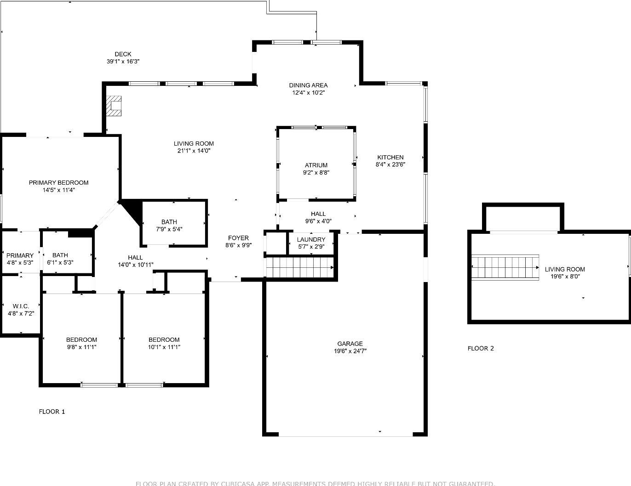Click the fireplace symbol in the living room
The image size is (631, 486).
pyautogui.click(x=114, y=106)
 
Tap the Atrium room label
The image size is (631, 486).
pyautogui.click(x=316, y=165)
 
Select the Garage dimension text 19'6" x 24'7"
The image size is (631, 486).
pyautogui.click(x=350, y=351)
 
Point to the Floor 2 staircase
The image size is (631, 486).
pyautogui.click(x=505, y=267)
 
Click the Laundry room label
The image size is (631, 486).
pyautogui.click(x=311, y=240)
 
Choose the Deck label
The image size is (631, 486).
pyautogui.click(x=123, y=54)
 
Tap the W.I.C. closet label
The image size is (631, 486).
pyautogui.click(x=21, y=306)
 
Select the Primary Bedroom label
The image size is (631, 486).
pyautogui.click(x=58, y=183)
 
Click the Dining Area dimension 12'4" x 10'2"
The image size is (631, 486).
pyautogui.click(x=308, y=93)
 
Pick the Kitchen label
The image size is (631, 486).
pyautogui.click(x=390, y=157)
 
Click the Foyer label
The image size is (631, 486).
pyautogui.click(x=238, y=238)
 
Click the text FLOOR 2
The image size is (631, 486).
pyautogui.click(x=480, y=348)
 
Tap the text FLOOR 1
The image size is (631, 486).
pyautogui.click(x=52, y=412)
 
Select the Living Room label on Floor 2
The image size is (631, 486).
pyautogui.click(x=565, y=270)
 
